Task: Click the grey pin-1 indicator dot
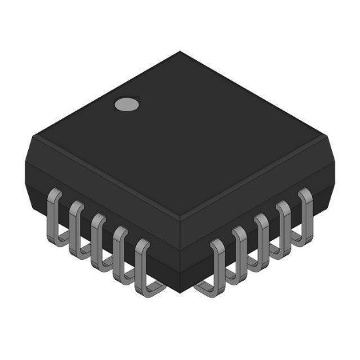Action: pos(127,103)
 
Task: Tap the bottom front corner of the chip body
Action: pos(180,291)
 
